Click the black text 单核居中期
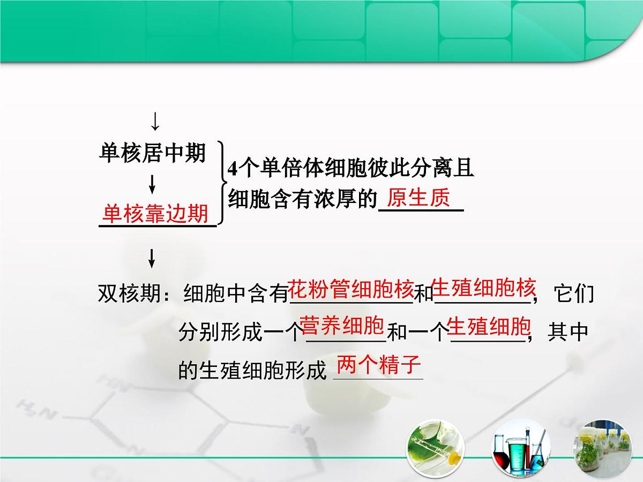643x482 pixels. coord(153,154)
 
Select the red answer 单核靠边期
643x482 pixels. coord(155,214)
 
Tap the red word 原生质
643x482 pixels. coord(418,198)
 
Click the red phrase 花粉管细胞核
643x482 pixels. coord(351,290)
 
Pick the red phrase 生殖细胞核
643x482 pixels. coord(483,289)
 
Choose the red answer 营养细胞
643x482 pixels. coord(342,326)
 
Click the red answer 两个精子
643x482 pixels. coord(378,365)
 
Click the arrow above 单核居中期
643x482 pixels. coord(155,122)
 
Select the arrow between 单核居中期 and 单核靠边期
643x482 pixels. coord(152,184)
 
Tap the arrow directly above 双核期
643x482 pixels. coord(152,258)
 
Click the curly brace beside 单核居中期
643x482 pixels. coord(222,183)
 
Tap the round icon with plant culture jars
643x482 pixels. coord(600,449)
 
